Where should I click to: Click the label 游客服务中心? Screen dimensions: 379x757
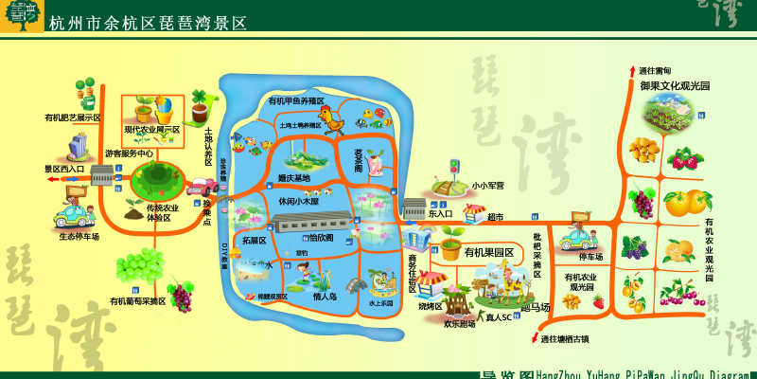[130, 153]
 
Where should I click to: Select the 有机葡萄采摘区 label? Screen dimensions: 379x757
[137, 301]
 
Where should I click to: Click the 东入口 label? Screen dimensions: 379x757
[441, 214]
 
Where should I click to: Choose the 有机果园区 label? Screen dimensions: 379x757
[489, 252]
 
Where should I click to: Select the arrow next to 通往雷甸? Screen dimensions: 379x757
[631, 71]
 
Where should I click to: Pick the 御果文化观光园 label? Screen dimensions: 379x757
[675, 85]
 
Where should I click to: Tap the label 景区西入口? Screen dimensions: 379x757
[65, 169]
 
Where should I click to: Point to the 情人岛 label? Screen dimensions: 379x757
[325, 297]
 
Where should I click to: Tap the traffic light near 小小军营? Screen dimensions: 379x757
[453, 169]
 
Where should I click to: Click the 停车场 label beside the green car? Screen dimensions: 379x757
[590, 256]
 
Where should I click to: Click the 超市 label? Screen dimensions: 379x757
[496, 217]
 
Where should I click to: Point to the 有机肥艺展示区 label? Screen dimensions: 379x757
[73, 117]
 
